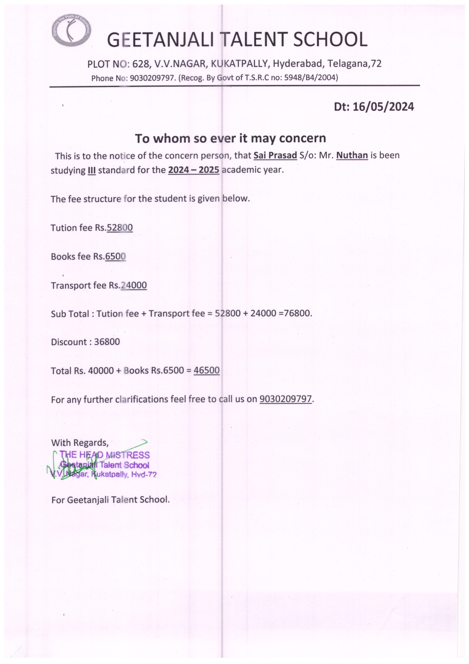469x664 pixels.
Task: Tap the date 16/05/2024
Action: point(383,107)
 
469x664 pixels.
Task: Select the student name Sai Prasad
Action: point(275,156)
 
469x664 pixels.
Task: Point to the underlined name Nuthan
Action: point(352,156)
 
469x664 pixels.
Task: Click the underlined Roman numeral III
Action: point(92,170)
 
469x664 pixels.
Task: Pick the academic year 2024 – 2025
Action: point(194,170)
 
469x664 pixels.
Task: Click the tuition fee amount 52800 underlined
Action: point(120,228)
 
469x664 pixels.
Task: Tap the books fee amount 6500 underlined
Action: point(115,257)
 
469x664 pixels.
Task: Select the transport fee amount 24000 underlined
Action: point(134,285)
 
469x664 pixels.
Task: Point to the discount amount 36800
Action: point(107,342)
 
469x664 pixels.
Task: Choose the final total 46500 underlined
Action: point(207,370)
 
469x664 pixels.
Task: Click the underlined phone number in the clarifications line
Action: point(286,399)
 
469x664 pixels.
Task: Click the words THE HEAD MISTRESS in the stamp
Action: point(105,455)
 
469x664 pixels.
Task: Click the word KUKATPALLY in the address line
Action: point(239,64)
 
